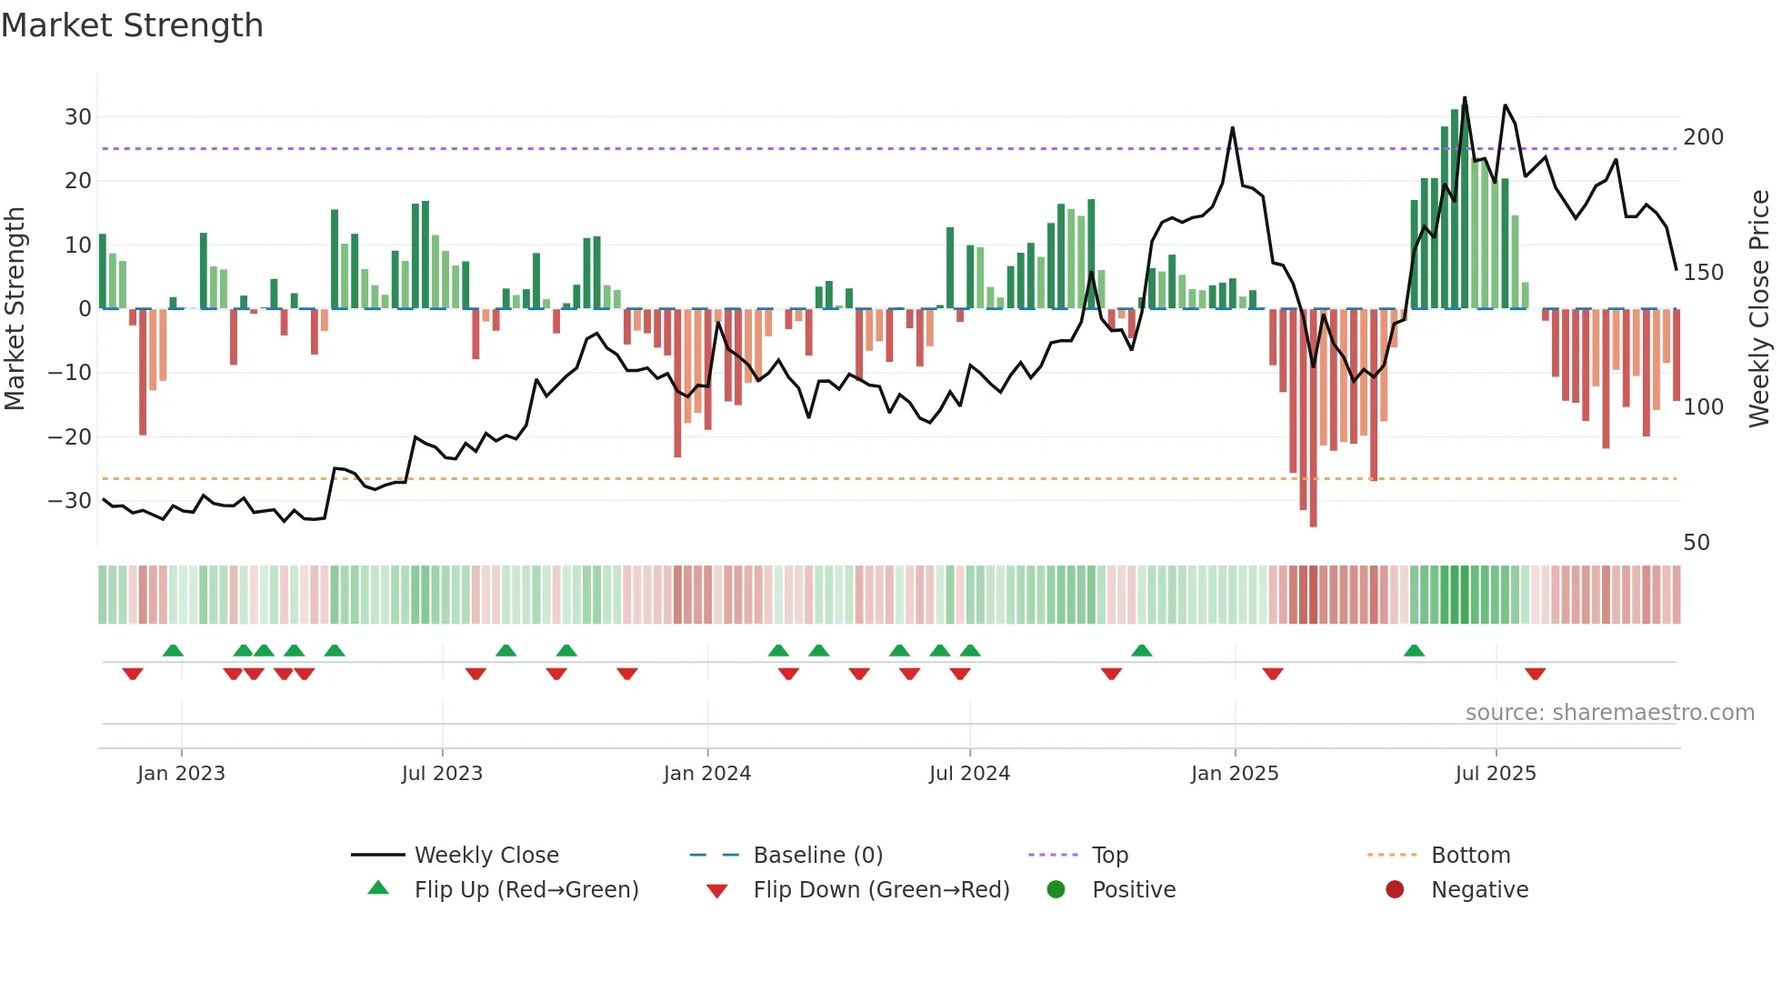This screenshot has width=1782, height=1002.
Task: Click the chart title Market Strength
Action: (132, 25)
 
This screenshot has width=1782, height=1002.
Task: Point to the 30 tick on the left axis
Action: (78, 117)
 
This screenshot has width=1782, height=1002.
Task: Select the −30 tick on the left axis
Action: (71, 501)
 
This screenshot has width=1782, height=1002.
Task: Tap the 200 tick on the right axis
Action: (1703, 137)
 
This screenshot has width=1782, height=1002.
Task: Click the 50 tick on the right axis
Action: (1697, 543)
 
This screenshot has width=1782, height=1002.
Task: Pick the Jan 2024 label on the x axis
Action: (707, 774)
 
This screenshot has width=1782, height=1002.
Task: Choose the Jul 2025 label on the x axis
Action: (1496, 774)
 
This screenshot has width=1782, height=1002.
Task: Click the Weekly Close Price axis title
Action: (1759, 309)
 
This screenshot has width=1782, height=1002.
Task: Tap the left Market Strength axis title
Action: (15, 309)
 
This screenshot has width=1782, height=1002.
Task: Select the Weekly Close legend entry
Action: (486, 856)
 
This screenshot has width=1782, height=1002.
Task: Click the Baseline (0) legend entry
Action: (817, 856)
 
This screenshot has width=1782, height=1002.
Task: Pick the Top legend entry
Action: (1109, 856)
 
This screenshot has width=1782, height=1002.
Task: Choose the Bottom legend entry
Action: (1470, 856)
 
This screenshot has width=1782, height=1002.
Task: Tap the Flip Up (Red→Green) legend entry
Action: (526, 890)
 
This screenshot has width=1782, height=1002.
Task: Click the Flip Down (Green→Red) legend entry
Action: (880, 890)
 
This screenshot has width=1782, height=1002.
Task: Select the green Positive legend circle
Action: (1056, 889)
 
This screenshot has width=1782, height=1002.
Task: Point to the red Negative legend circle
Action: (1395, 889)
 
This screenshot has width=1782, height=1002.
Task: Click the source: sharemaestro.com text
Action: (1609, 713)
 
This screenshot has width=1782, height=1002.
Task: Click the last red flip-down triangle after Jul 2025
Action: (1535, 674)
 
